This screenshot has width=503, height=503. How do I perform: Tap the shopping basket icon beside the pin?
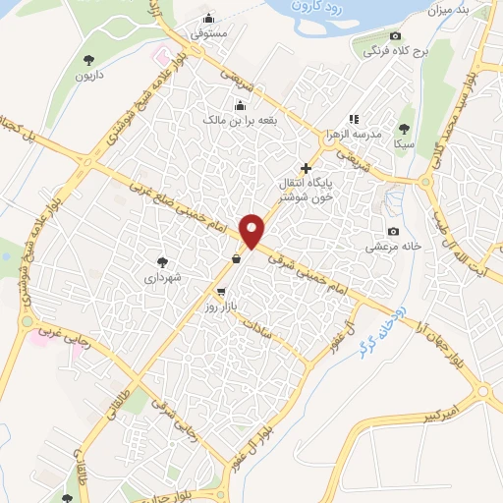tap(237, 259)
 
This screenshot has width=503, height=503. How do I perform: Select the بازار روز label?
tap(221, 307)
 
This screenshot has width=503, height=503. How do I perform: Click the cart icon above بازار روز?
tap(221, 292)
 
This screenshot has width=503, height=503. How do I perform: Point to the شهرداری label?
tap(163, 278)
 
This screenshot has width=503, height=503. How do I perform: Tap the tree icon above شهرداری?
tap(163, 262)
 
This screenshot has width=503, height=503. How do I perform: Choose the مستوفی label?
tap(209, 33)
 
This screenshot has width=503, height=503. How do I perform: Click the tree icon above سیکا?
tap(404, 128)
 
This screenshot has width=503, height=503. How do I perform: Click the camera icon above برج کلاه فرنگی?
tap(395, 34)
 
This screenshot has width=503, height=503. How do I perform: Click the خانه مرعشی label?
tap(393, 247)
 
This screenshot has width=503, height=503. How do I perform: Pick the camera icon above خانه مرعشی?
tap(394, 231)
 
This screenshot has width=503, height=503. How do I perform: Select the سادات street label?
tap(269, 328)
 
